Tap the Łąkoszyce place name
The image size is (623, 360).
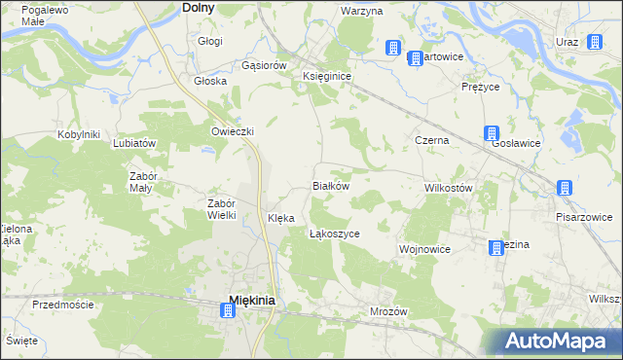(335, 234)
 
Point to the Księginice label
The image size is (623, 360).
(327, 75)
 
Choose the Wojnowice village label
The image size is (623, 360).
(424, 249)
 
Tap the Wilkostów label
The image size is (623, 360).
(449, 188)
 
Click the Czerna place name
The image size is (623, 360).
(431, 140)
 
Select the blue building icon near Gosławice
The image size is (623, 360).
(493, 134)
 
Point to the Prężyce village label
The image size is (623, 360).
(480, 87)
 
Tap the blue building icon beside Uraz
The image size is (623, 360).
(594, 42)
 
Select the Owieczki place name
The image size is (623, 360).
(233, 131)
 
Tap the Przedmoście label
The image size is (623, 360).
(62, 305)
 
